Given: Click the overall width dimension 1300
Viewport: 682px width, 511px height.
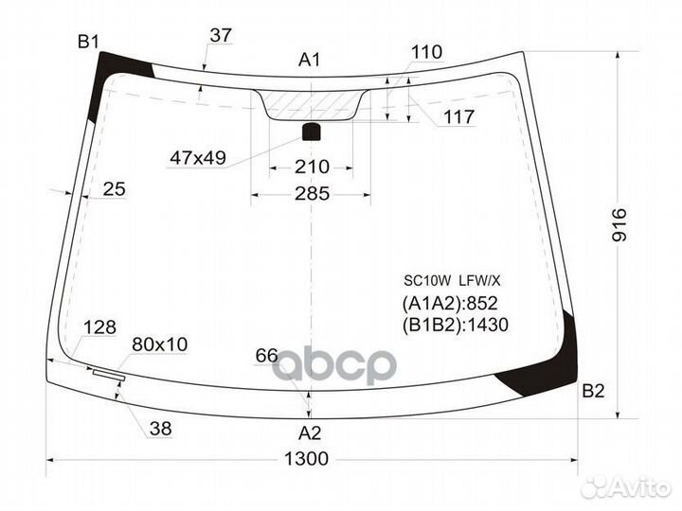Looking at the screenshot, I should (x=305, y=459).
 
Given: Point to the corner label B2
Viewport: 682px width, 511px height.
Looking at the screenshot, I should (x=593, y=390).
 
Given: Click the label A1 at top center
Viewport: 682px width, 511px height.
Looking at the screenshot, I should (x=310, y=60).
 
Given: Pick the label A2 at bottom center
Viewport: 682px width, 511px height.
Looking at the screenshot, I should (x=310, y=433).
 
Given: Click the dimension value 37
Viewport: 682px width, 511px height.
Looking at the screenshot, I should (x=221, y=35).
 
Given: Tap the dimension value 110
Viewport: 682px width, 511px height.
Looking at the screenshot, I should (x=426, y=52).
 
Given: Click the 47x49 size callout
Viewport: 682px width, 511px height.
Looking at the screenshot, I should (x=198, y=158).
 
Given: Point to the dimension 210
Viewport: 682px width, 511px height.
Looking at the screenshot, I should (x=311, y=167).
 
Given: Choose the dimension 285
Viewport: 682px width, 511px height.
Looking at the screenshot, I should (x=311, y=194).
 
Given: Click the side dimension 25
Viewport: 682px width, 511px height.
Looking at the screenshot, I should (x=114, y=189).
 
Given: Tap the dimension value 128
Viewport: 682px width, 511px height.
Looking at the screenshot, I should (x=99, y=327).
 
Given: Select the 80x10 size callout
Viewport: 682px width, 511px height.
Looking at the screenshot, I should (x=159, y=344).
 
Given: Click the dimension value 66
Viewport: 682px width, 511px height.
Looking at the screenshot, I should (x=266, y=356).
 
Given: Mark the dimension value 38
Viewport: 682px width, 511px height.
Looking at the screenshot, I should (x=160, y=429).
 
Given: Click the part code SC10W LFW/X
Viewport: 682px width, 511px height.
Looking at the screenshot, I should (x=453, y=280).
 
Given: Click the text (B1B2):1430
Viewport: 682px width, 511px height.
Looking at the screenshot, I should (x=456, y=326).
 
